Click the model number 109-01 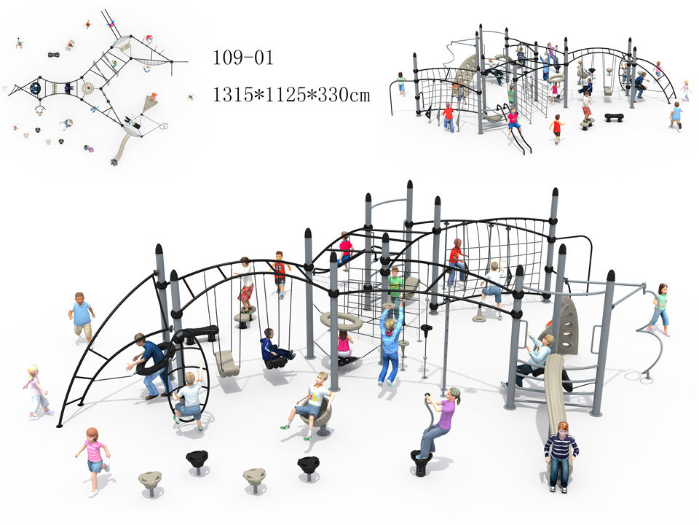pyautogui.click(x=242, y=58)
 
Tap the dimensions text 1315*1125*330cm pyautogui.click(x=291, y=95)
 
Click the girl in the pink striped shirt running pyautogui.click(x=93, y=461)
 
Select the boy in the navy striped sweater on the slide pyautogui.click(x=561, y=456)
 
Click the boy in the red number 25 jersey pyautogui.click(x=280, y=273)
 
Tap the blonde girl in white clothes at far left pyautogui.click(x=36, y=392)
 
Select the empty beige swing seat pyautogui.click(x=226, y=363)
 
